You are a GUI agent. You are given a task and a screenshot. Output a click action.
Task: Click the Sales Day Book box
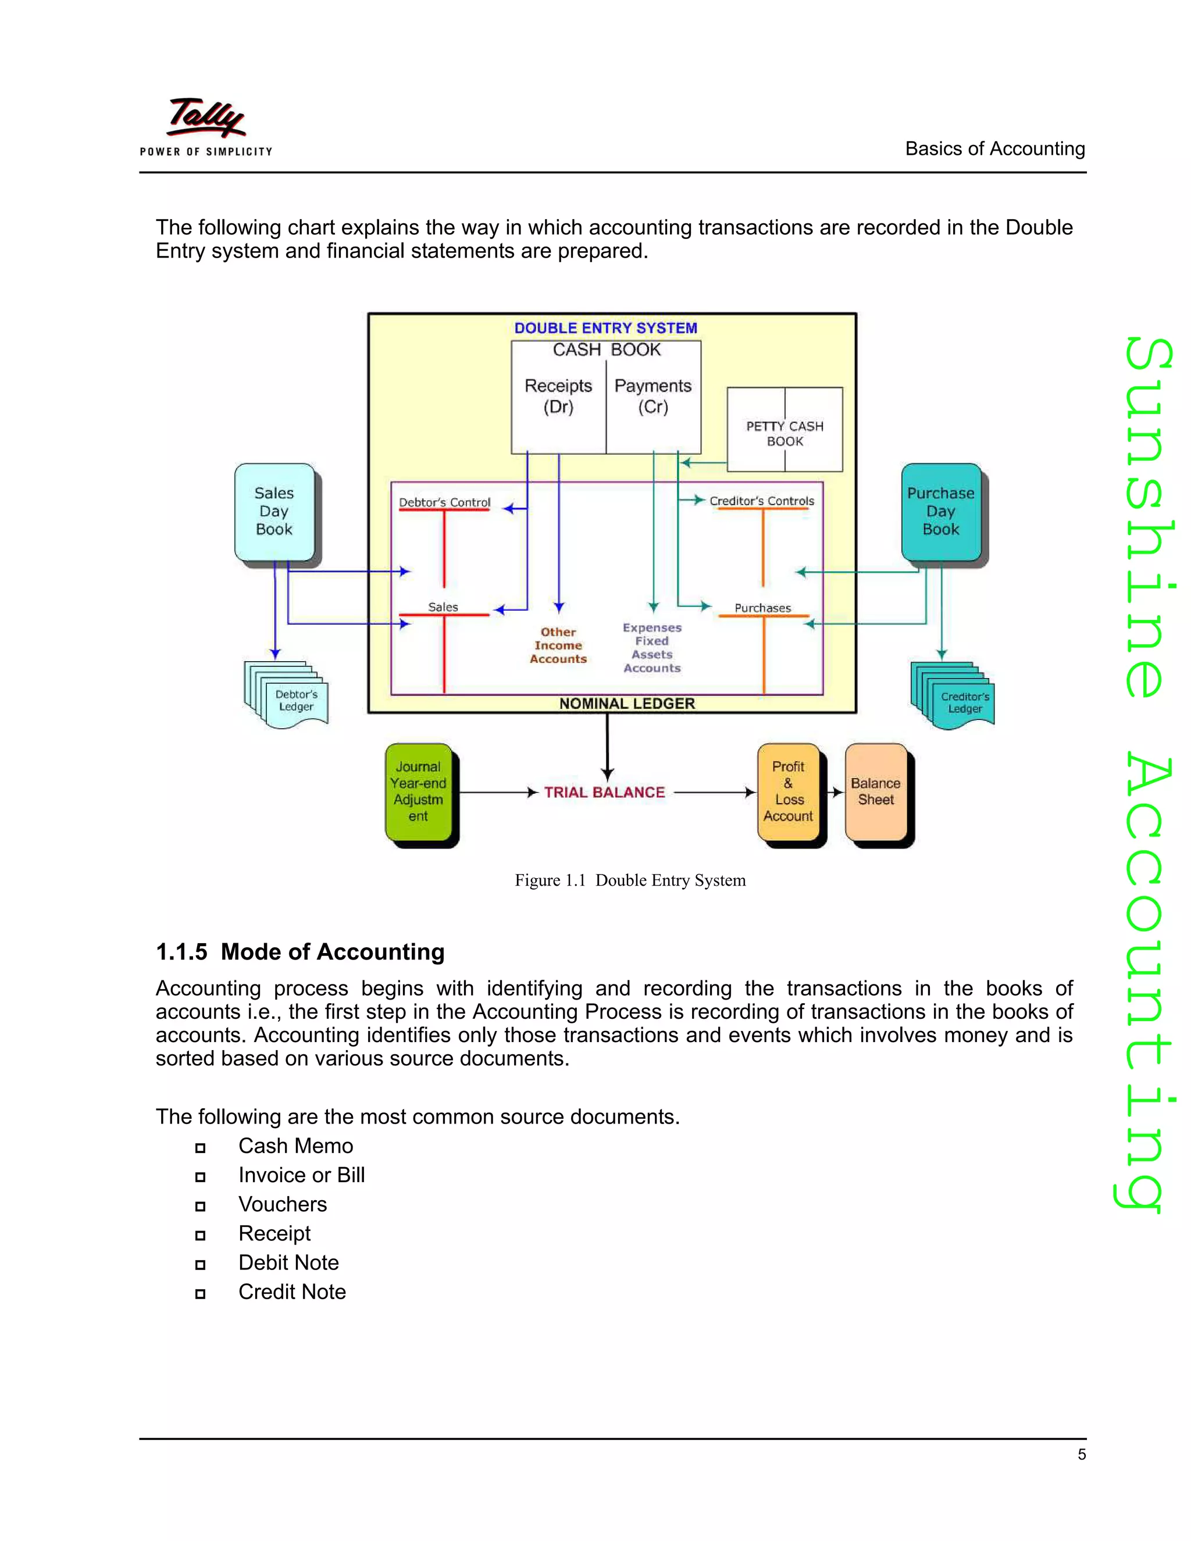[x=274, y=512]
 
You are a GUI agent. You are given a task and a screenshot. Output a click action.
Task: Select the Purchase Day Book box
[x=940, y=512]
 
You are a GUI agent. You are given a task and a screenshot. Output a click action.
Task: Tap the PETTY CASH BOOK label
[x=785, y=434]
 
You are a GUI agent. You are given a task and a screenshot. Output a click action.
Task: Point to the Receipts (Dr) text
[x=558, y=396]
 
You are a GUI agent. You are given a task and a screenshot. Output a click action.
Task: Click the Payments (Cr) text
[x=652, y=396]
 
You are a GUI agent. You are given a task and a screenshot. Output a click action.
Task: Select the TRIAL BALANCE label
[x=604, y=793]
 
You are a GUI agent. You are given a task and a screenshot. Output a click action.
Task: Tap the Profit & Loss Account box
[x=788, y=791]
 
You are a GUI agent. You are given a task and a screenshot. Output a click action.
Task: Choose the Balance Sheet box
[x=876, y=791]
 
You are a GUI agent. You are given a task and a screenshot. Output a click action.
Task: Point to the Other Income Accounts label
[x=558, y=645]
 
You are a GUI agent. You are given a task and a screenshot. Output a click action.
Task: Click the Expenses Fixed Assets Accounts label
[x=652, y=648]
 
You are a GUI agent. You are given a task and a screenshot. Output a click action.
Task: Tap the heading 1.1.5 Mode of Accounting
[x=300, y=952]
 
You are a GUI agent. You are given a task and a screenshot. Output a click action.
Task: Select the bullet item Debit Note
[x=288, y=1262]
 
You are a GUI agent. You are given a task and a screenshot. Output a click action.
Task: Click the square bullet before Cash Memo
[x=201, y=1148]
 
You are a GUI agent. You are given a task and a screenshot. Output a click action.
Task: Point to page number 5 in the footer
[x=1081, y=1454]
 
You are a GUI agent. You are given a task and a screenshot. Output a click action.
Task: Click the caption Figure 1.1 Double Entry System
[x=629, y=880]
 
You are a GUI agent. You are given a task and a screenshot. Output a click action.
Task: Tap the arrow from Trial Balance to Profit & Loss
[x=714, y=793]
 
